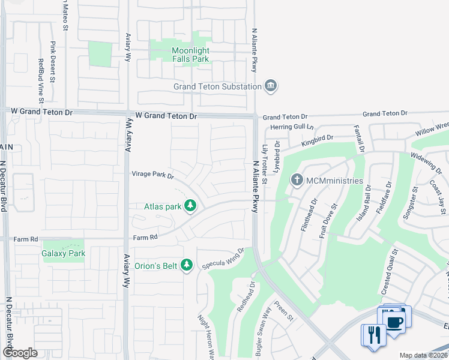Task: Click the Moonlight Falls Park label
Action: [190, 55]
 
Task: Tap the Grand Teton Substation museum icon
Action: [271, 86]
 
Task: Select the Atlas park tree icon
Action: [191, 206]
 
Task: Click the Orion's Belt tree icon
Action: [187, 265]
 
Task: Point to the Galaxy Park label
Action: [64, 253]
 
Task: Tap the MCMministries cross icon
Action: [297, 180]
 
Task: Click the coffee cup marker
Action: [396, 322]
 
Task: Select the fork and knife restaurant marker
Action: [372, 334]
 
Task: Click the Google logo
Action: [20, 353]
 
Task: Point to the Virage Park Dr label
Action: [152, 176]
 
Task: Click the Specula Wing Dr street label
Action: [223, 259]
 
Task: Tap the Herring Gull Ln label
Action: [292, 127]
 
